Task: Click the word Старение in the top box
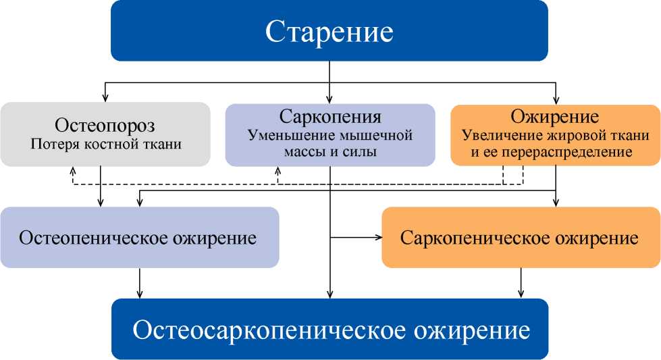(x=329, y=32)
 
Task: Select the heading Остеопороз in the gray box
(x=105, y=126)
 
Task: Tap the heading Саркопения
(x=330, y=116)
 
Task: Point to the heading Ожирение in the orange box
(x=555, y=117)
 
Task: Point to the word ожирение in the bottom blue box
(x=471, y=330)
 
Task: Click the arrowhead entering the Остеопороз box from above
(x=105, y=98)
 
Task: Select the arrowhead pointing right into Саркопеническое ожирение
(x=378, y=238)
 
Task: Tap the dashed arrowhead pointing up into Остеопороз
(x=72, y=170)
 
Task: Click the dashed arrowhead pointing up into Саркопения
(x=277, y=170)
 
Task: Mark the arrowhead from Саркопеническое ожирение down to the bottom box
(x=521, y=294)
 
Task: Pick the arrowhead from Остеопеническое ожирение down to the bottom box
(x=140, y=294)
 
